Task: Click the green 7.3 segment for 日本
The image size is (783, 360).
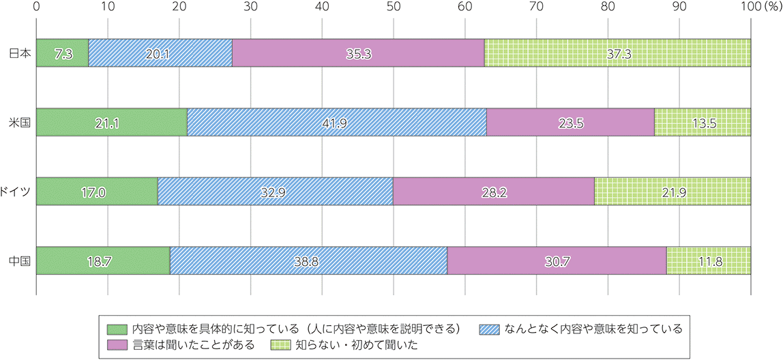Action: click(x=62, y=52)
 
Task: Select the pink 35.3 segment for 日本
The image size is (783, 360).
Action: click(x=358, y=52)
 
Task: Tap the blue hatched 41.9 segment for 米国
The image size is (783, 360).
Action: click(x=336, y=121)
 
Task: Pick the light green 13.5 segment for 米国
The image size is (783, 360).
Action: click(x=703, y=121)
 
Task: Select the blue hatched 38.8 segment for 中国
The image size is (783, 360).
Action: click(x=308, y=260)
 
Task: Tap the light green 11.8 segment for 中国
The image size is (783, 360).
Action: click(x=709, y=260)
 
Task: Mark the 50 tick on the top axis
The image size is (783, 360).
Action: click(x=394, y=6)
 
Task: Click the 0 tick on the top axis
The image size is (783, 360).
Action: click(x=36, y=6)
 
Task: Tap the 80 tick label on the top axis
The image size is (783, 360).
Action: click(x=608, y=6)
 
